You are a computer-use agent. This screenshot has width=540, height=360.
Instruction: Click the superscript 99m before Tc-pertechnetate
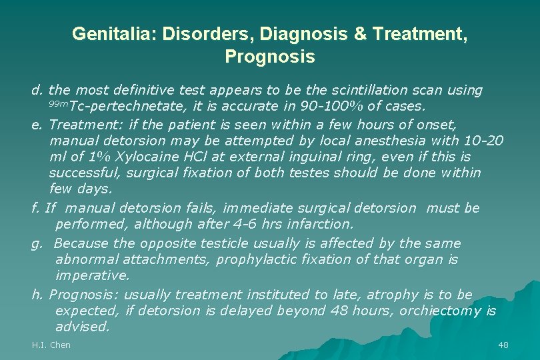(x=58, y=104)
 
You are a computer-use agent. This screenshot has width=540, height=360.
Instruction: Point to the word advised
(x=81, y=327)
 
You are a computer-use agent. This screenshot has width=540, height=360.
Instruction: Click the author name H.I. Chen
(x=51, y=345)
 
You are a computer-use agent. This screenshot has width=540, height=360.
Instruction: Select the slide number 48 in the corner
(x=503, y=345)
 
